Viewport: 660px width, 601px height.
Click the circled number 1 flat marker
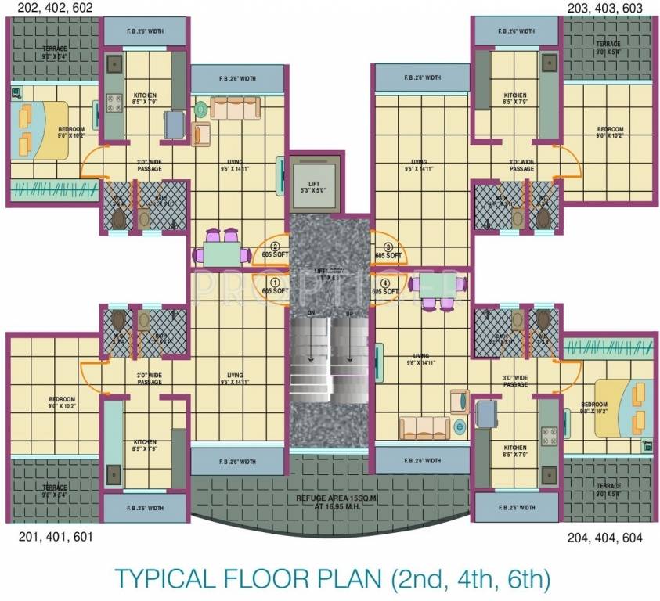(274, 282)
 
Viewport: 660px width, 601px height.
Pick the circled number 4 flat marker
(385, 282)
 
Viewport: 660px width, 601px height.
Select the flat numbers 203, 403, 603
(609, 7)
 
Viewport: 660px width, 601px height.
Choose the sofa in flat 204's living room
(424, 427)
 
